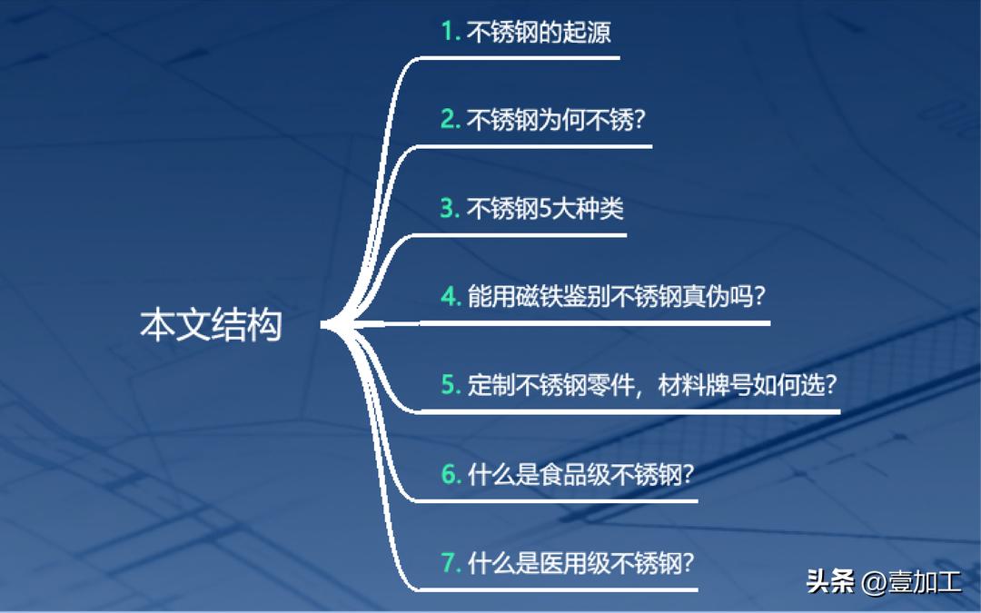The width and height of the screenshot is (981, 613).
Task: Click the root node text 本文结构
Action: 211,325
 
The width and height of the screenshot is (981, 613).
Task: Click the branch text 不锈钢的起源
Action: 539,33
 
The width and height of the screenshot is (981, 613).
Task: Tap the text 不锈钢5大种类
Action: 545,209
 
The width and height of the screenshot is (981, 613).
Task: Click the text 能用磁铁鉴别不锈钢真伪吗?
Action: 616,296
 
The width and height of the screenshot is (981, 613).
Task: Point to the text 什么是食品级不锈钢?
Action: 581,473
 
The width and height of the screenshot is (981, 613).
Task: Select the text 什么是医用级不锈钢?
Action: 581,562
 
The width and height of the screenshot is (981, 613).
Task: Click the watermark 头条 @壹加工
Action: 883,581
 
